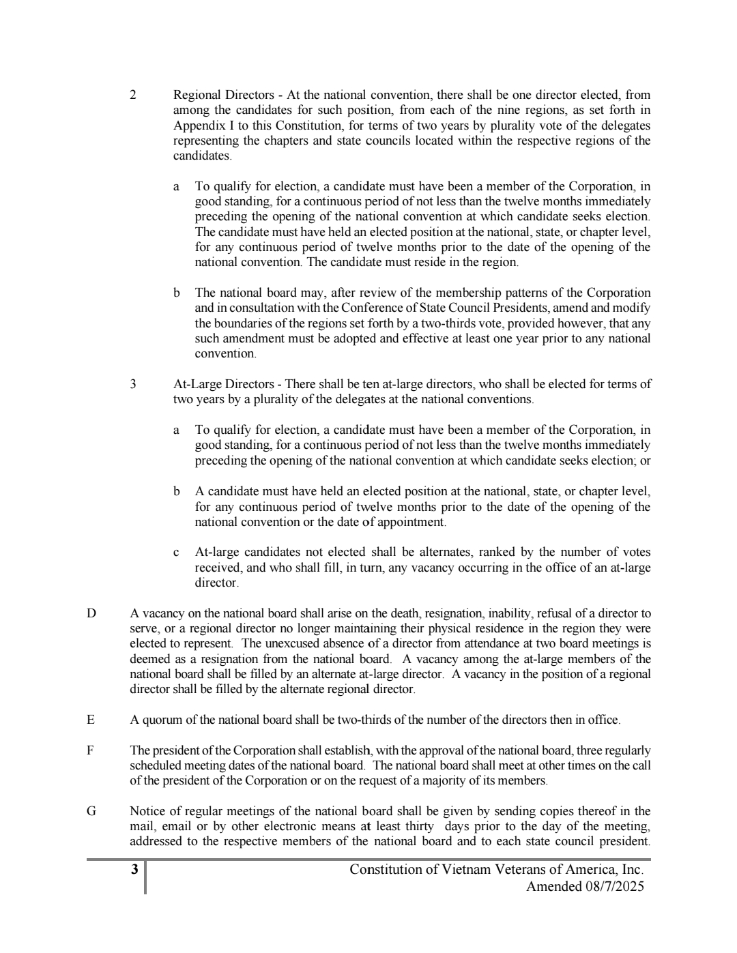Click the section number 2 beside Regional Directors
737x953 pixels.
coord(133,95)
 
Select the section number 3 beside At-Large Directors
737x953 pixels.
coord(133,384)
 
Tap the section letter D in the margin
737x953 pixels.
coord(91,613)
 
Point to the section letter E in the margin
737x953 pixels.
coord(90,720)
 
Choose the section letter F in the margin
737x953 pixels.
coord(90,750)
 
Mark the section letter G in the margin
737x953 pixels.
coord(91,811)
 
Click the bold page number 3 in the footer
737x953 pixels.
coord(134,869)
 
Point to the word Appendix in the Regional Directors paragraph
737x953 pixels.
coord(195,126)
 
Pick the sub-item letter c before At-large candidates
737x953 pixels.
coord(177,553)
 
